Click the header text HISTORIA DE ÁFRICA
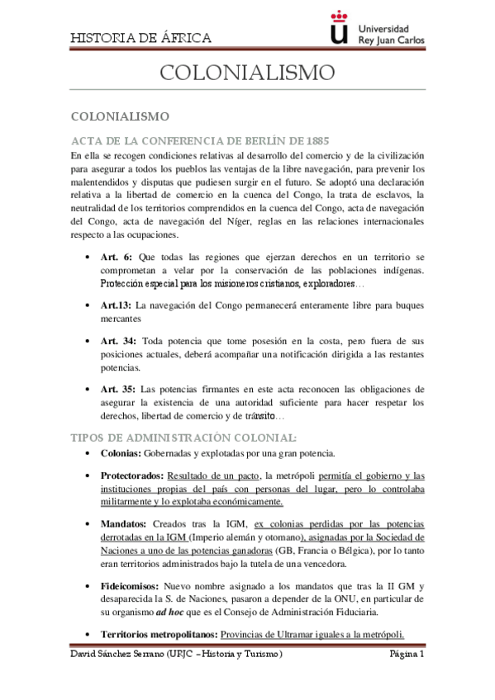coord(140,38)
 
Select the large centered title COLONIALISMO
coord(247,73)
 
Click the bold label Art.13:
coord(117,305)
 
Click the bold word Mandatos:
coord(124,524)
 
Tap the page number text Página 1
coord(407,654)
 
